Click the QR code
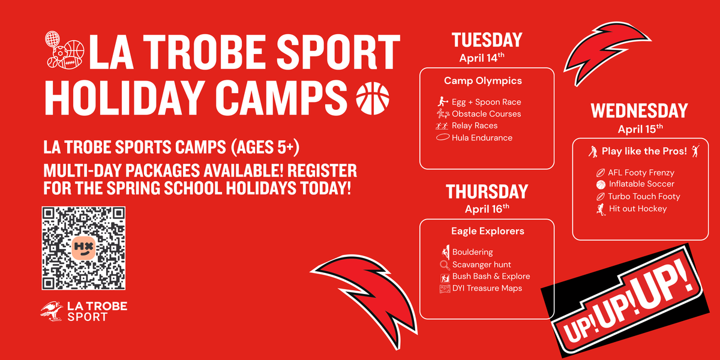coord(83,248)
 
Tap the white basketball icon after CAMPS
coord(373,98)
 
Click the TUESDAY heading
coord(487,40)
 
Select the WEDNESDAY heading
coord(640,111)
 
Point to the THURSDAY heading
coord(487,192)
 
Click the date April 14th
coord(482,58)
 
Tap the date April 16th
coord(487,209)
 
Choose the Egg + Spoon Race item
coord(487,102)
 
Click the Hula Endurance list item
coord(482,138)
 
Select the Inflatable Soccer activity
coord(641,184)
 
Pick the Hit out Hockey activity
coord(638,209)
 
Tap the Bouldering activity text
coord(473,253)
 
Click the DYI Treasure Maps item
coord(487,289)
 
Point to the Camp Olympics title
coord(483,81)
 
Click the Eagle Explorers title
coord(488,231)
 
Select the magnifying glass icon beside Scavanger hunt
coord(445,265)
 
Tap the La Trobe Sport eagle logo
coord(52,311)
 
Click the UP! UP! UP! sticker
coord(625,301)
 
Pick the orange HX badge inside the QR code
coord(83,248)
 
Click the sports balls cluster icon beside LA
coord(64,50)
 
